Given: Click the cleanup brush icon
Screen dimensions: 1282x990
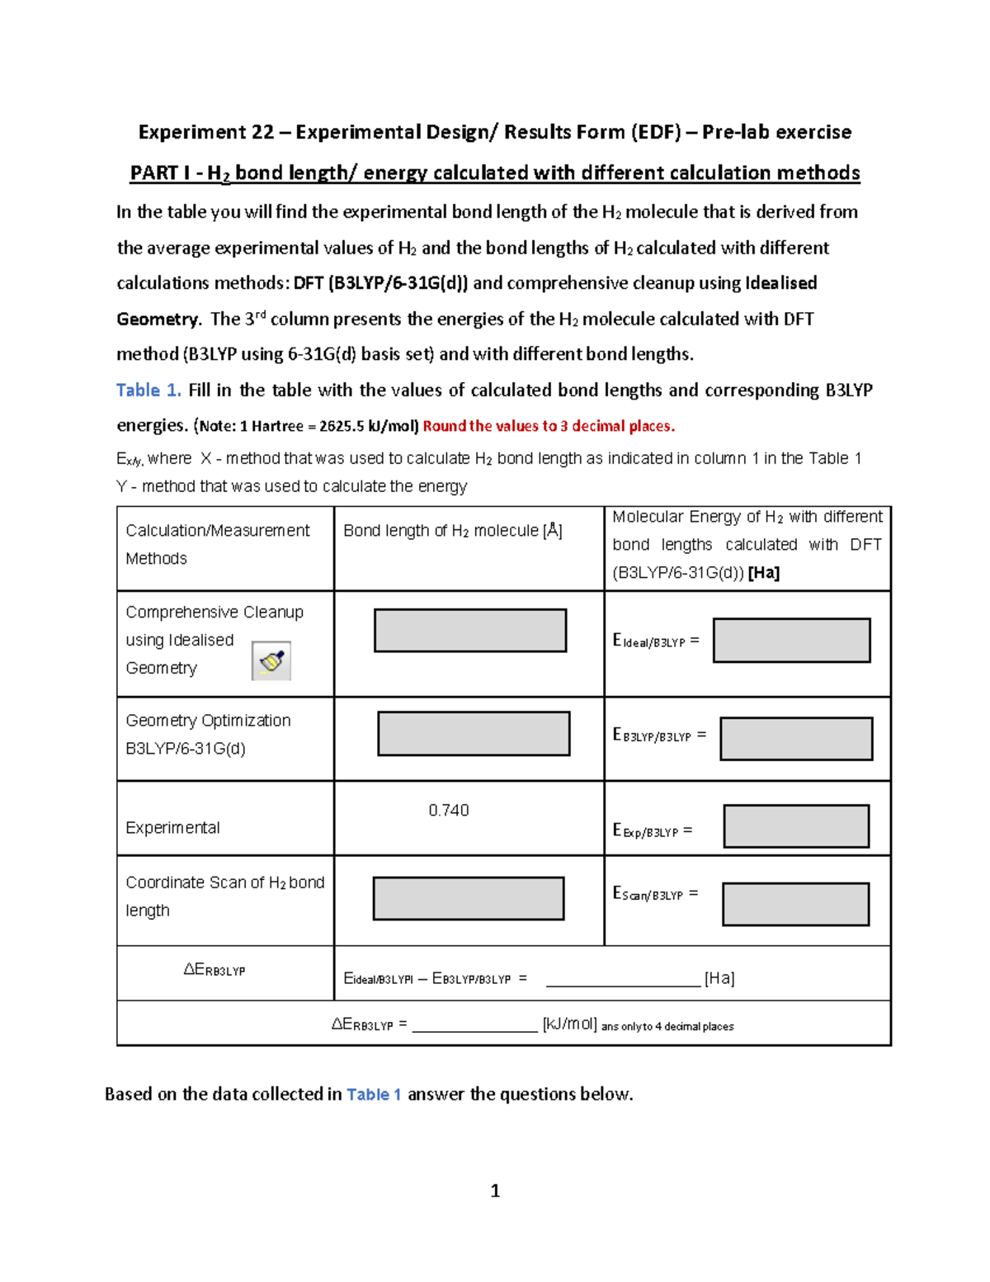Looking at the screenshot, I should (x=271, y=661).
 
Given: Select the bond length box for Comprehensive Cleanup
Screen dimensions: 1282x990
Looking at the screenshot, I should (x=470, y=631).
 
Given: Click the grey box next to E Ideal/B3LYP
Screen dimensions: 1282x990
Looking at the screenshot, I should (x=791, y=641).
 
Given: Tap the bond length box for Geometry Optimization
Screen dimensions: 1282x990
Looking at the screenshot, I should (x=474, y=734).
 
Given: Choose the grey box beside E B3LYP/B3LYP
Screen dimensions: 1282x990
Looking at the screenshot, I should (x=796, y=739).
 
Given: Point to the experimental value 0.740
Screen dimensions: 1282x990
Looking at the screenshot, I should (x=449, y=811).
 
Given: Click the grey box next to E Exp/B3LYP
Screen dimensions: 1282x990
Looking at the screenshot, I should (x=796, y=826).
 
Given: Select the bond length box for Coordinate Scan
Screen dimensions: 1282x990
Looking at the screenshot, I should (x=469, y=898).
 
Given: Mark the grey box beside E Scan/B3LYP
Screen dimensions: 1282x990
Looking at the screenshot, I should (x=795, y=905).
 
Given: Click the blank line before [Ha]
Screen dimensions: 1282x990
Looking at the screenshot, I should (x=623, y=979).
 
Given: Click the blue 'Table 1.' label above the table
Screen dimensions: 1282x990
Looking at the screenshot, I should (x=148, y=390).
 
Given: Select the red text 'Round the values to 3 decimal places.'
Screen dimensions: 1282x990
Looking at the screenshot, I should (x=549, y=426).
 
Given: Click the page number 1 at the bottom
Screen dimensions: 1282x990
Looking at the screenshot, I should (x=495, y=1190).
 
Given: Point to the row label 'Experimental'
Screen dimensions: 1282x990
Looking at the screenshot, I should (x=172, y=828).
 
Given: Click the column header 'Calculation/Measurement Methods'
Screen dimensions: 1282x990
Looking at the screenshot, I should (x=217, y=544).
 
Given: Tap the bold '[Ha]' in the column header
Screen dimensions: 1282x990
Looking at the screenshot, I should (x=763, y=573).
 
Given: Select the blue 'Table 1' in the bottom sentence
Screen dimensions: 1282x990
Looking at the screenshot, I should (x=374, y=1095).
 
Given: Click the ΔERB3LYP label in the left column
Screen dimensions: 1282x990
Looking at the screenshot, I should (x=214, y=970).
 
